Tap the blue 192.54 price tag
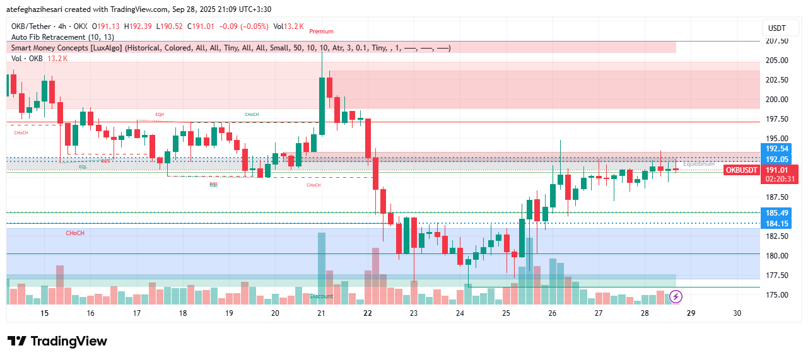pyautogui.click(x=776, y=149)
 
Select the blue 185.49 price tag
pyautogui.click(x=776, y=213)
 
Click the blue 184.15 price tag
pyautogui.click(x=776, y=223)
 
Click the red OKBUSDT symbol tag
pyautogui.click(x=741, y=170)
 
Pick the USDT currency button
pyautogui.click(x=776, y=28)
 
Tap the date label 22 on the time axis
pyautogui.click(x=368, y=313)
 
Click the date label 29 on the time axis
pyautogui.click(x=691, y=313)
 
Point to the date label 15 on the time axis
pyautogui.click(x=44, y=313)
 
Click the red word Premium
pyautogui.click(x=321, y=32)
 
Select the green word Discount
pyautogui.click(x=321, y=296)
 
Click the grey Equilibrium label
pyautogui.click(x=698, y=164)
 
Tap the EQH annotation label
pyautogui.click(x=160, y=114)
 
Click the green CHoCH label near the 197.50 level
pyautogui.click(x=252, y=114)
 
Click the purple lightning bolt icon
pyautogui.click(x=676, y=296)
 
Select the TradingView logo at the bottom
pyautogui.click(x=57, y=341)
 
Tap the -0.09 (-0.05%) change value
pyautogui.click(x=248, y=26)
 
